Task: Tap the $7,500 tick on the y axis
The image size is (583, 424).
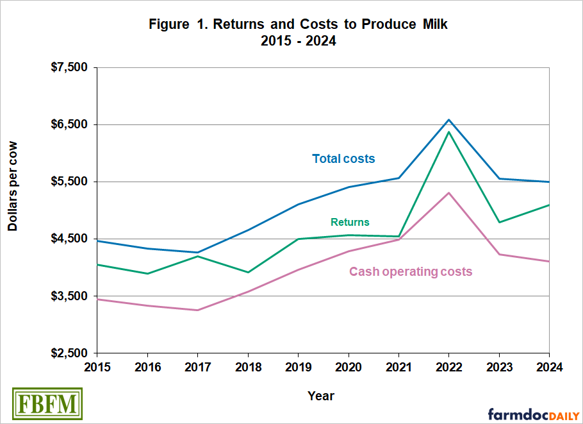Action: click(x=70, y=67)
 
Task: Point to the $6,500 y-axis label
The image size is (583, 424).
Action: click(x=70, y=124)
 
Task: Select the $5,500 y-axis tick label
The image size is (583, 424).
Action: click(x=70, y=182)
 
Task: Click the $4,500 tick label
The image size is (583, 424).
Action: click(x=70, y=239)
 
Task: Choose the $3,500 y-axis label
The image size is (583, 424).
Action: click(x=70, y=296)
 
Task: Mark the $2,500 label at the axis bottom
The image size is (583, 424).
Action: click(x=70, y=353)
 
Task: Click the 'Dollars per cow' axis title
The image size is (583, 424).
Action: click(x=13, y=185)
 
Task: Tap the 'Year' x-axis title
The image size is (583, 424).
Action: click(x=320, y=395)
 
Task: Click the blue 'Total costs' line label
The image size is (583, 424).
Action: click(x=343, y=158)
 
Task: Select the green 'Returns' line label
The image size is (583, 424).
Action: click(x=350, y=223)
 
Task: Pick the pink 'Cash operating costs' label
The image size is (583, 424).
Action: click(x=410, y=272)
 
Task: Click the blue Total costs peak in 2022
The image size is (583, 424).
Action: click(x=448, y=119)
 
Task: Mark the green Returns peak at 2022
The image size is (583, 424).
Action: click(x=448, y=132)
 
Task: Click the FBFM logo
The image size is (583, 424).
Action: click(x=47, y=403)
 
